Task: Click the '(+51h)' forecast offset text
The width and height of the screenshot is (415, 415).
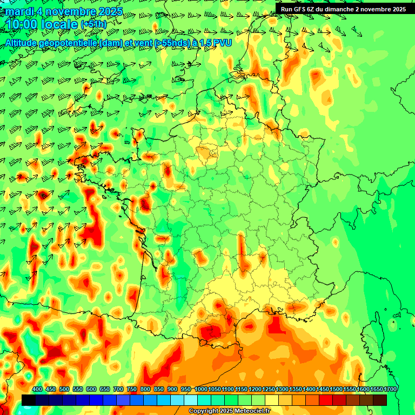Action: [x=93, y=24]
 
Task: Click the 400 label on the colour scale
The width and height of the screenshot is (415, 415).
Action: [x=37, y=390]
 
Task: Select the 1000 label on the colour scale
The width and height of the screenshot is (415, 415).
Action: [x=201, y=390]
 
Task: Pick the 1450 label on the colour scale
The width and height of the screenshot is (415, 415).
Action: [x=323, y=390]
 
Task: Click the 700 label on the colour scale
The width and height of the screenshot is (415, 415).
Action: [x=118, y=390]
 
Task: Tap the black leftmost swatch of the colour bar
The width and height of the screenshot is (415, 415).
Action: [x=29, y=400]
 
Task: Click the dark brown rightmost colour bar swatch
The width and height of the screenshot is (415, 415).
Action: [x=380, y=400]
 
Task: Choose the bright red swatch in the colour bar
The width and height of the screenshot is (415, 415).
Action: [x=326, y=400]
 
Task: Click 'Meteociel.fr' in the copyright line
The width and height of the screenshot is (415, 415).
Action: [x=252, y=411]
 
